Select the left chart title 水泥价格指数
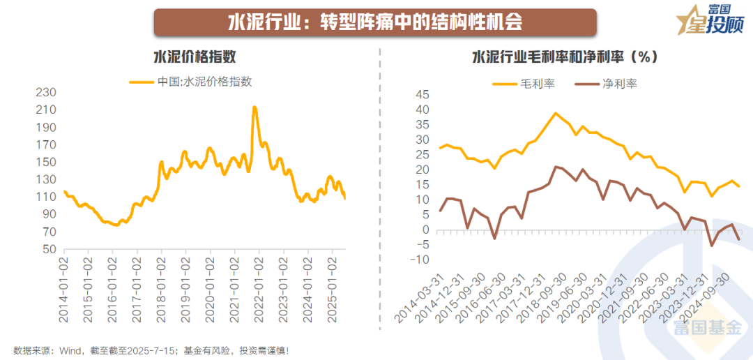(x=190, y=57)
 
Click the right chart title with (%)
(x=565, y=57)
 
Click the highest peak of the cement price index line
(x=254, y=107)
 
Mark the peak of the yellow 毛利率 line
(x=556, y=113)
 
